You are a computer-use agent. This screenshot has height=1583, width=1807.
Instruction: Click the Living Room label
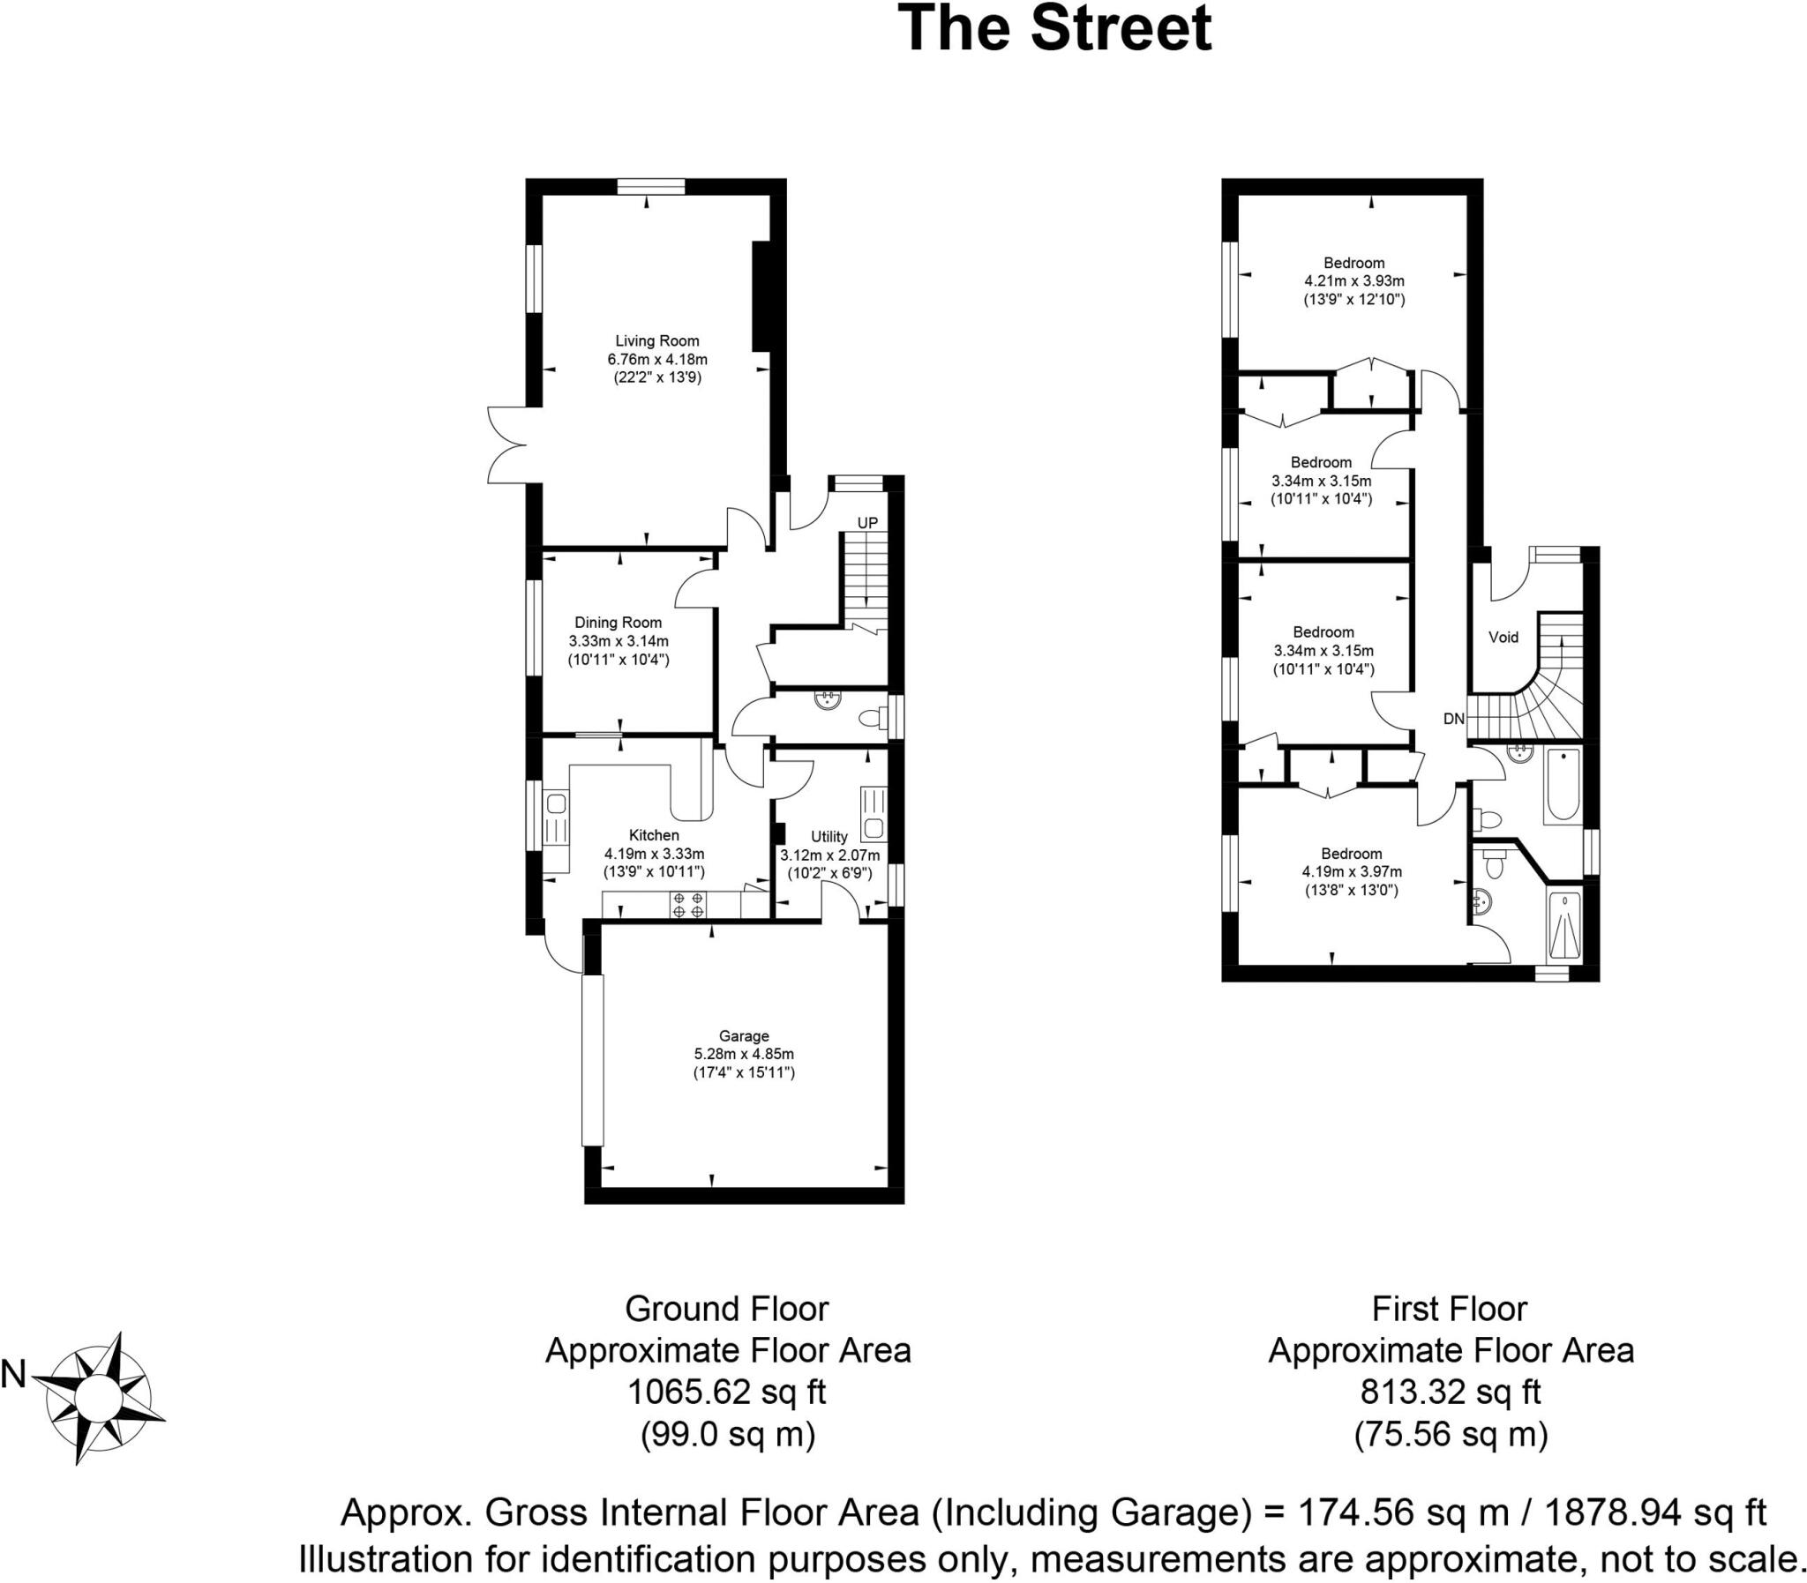[x=656, y=341]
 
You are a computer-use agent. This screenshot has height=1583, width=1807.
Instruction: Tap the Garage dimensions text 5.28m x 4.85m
[x=743, y=1054]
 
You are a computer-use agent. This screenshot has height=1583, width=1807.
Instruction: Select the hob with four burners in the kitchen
[x=687, y=905]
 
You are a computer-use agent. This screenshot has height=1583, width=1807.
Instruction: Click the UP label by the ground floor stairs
[x=866, y=523]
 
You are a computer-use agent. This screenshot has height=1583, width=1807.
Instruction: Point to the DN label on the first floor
[x=1453, y=719]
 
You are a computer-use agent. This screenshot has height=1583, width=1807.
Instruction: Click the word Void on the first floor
[x=1503, y=637]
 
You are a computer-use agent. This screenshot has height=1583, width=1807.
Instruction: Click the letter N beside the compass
[x=13, y=1375]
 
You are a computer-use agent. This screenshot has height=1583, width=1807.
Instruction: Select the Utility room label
[x=829, y=837]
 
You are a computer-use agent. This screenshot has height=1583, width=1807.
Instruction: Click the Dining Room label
[x=618, y=623]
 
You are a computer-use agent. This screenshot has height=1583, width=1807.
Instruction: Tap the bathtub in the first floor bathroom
[x=1563, y=785]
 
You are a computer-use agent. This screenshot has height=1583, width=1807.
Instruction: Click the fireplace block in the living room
[x=760, y=297]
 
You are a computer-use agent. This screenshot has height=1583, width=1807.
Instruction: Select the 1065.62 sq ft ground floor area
[x=726, y=1393]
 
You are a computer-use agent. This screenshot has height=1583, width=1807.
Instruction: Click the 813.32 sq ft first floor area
[x=1450, y=1393]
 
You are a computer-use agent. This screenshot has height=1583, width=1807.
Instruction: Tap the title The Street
[x=1054, y=28]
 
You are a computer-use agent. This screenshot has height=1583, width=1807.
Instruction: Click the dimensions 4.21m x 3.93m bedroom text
[x=1353, y=281]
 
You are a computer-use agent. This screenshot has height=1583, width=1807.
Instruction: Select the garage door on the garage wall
[x=592, y=1059]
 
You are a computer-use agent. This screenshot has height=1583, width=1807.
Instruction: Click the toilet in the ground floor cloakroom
[x=870, y=717]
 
